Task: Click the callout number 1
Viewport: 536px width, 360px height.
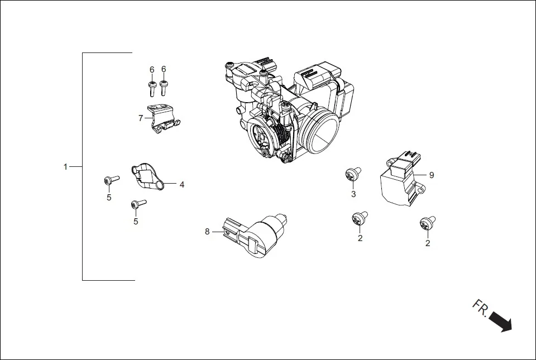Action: (x=65, y=167)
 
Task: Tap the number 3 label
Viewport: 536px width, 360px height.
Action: (x=353, y=194)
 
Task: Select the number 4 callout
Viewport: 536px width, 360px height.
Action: (x=181, y=184)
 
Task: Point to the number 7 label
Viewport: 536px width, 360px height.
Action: (x=141, y=118)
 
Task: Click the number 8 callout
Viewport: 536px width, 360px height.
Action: (x=207, y=232)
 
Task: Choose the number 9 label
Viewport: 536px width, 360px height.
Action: (x=431, y=175)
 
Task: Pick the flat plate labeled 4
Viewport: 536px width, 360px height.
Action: (x=147, y=176)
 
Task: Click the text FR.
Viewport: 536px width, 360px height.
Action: (x=481, y=309)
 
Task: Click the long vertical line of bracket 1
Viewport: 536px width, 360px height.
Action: (x=83, y=167)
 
